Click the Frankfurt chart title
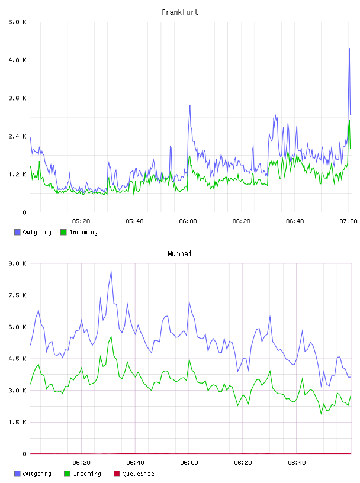point(180,12)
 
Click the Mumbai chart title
point(179,254)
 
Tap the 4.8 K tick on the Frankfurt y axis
point(18,60)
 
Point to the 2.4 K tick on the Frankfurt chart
point(18,137)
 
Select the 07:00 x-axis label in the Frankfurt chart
point(348,221)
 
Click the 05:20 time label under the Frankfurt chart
point(81,221)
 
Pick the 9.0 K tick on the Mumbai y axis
point(18,263)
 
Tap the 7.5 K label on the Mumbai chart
point(18,295)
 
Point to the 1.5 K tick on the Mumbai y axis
point(18,422)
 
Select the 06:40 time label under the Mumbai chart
point(297,463)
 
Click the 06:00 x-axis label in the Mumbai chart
point(189,463)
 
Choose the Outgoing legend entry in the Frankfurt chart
point(33,232)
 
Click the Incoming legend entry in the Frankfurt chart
point(79,232)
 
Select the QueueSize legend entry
point(134,474)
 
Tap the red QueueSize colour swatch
point(117,474)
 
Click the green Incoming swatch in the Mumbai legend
point(67,474)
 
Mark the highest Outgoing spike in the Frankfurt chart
point(349,49)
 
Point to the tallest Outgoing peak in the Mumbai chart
point(111,271)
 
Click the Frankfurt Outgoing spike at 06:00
point(190,105)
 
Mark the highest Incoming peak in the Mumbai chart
point(111,337)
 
